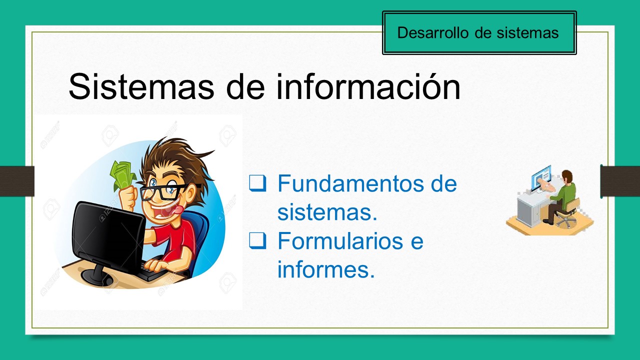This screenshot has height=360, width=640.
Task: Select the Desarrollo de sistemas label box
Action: [x=479, y=33]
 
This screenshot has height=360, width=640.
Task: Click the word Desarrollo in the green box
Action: [x=432, y=33]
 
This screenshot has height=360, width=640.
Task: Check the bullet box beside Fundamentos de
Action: [x=256, y=183]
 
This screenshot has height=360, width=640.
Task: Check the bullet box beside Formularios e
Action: [x=256, y=241]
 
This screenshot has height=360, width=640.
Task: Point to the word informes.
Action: [x=325, y=270]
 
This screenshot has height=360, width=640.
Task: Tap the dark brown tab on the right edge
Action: [x=620, y=181]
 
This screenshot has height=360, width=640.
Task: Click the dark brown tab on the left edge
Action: [x=16, y=181]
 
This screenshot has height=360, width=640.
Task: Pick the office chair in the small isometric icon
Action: [x=567, y=212]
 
